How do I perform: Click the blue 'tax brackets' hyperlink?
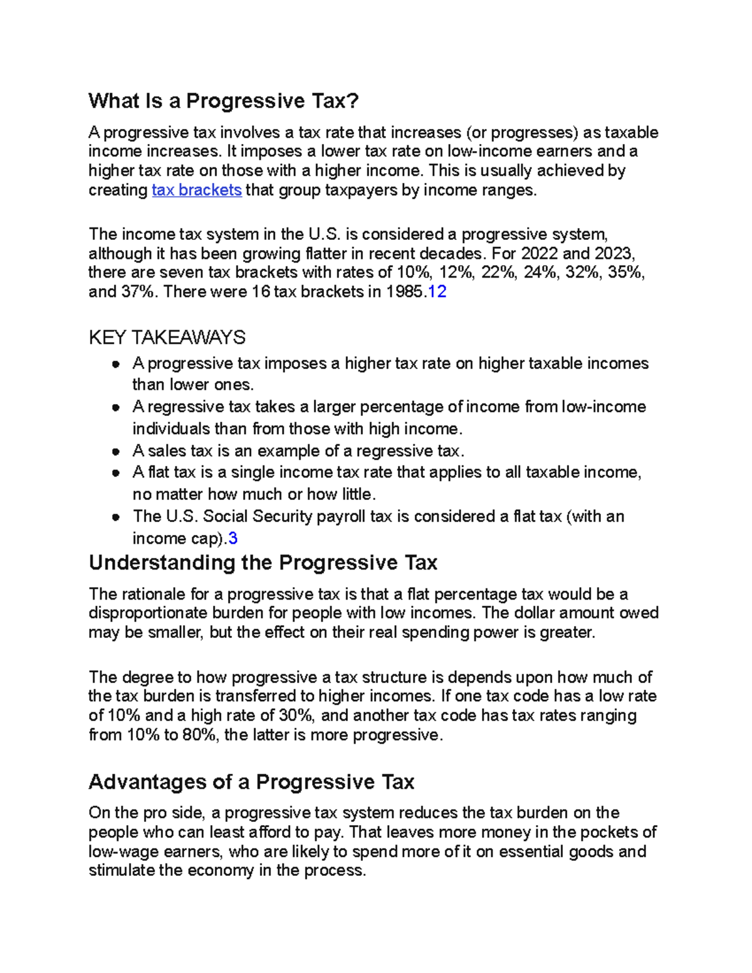coord(197,190)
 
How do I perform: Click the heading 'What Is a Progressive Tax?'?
coord(224,101)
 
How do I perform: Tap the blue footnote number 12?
coord(437,291)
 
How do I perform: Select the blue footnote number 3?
coord(232,538)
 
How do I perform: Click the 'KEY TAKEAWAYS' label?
coord(167,338)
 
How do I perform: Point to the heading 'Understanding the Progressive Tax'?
coord(263,563)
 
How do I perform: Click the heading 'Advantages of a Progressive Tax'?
coord(251,782)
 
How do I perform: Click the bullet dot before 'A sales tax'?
coord(115,452)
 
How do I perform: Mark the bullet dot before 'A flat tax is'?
coord(115,473)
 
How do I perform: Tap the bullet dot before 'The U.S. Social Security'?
coord(115,518)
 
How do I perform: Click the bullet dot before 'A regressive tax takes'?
coord(115,407)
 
